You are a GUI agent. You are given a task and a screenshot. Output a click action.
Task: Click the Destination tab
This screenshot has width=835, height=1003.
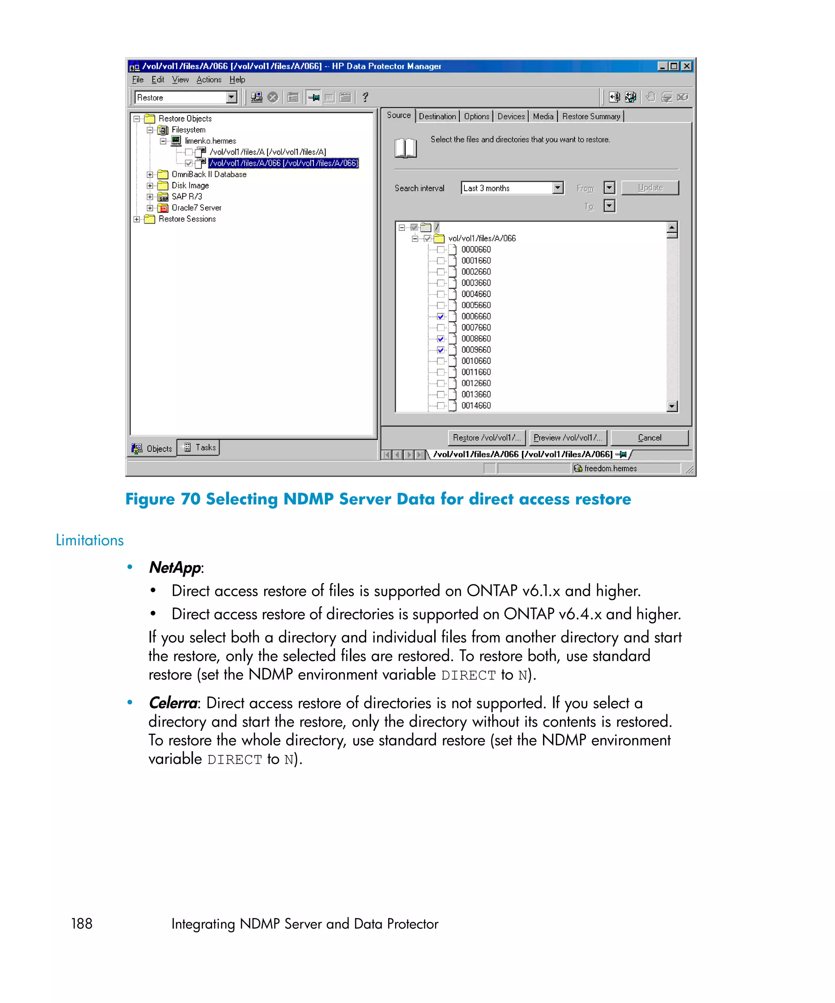point(437,116)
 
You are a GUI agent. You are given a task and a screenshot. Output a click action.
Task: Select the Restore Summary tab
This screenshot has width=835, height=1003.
point(590,116)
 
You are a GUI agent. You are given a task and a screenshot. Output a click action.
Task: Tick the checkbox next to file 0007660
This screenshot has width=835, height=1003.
point(440,328)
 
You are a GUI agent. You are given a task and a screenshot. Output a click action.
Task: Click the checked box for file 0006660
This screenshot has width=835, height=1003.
point(440,316)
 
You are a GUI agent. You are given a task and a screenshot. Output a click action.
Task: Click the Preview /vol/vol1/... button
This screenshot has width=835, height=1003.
point(567,437)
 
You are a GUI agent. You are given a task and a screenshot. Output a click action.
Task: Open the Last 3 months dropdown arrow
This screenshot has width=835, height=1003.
point(557,188)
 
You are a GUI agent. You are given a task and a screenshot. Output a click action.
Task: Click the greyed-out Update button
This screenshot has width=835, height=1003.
point(649,188)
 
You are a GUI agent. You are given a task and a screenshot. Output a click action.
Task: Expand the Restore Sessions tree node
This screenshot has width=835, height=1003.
point(137,219)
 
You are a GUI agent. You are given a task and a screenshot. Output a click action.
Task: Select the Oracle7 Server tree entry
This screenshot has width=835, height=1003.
point(196,208)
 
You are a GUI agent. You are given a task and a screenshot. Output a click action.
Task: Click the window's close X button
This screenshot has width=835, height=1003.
point(686,66)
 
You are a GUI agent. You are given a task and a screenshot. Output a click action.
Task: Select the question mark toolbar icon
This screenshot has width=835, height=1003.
point(365,98)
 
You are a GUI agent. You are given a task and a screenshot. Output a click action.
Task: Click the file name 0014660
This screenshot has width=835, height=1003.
point(476,406)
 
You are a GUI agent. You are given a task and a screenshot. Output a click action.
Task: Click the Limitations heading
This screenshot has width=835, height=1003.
point(90,540)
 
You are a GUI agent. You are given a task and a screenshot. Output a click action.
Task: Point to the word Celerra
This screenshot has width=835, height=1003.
point(173,703)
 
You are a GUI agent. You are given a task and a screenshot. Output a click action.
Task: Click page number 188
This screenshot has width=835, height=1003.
point(82,923)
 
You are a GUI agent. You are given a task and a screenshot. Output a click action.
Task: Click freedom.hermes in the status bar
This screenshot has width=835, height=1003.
point(610,468)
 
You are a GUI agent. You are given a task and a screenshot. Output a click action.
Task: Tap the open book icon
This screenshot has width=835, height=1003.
point(406,148)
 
